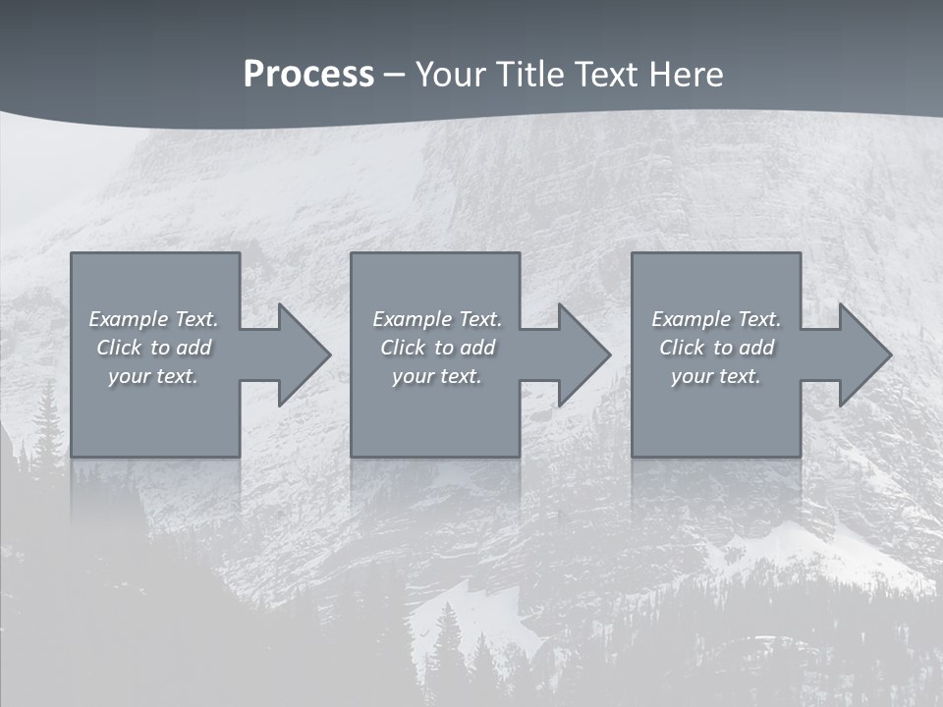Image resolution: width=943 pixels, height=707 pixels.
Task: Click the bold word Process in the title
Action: coord(308,75)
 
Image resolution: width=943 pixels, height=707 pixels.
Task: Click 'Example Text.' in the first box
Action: coord(153,319)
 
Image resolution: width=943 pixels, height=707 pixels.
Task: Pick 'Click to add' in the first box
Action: coord(153,348)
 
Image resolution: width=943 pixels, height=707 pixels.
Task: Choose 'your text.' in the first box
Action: coord(153,376)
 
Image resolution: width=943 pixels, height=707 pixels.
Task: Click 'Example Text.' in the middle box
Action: coord(437,319)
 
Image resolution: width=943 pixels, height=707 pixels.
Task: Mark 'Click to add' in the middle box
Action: coord(437,348)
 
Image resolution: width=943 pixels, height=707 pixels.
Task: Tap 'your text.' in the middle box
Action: coord(437,376)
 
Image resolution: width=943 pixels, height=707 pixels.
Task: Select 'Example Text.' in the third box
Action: coord(716,319)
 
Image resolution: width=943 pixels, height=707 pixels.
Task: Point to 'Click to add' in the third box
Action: coord(716,348)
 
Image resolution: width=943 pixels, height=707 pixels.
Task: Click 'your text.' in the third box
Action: coord(716,376)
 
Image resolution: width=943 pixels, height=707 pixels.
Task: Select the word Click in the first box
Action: coord(120,348)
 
